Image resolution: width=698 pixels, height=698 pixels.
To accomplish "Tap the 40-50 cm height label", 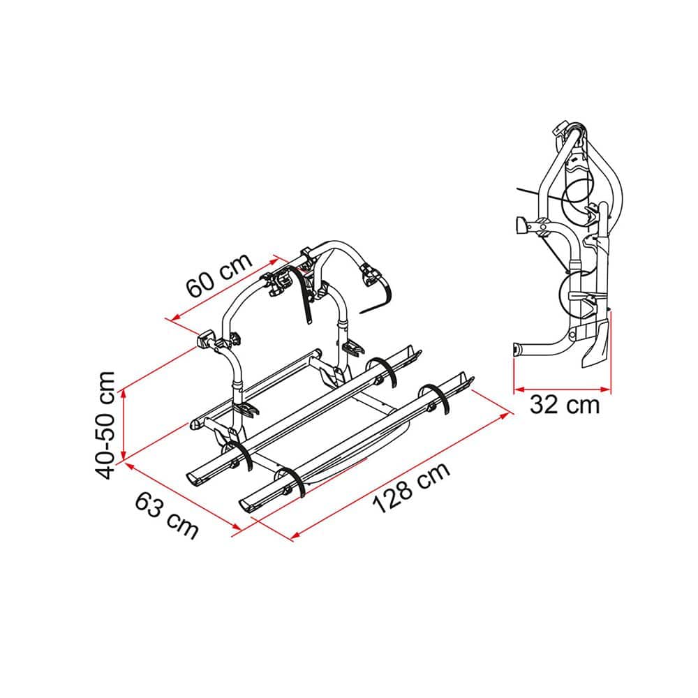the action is pos(105,425).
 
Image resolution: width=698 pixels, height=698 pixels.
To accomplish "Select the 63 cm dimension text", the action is pos(167,516).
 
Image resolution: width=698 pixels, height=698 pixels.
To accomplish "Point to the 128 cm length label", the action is pos(411,487).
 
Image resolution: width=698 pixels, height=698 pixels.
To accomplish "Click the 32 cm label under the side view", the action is pos(565,405).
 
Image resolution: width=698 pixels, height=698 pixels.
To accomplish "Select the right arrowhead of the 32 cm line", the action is pos(606,389).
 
